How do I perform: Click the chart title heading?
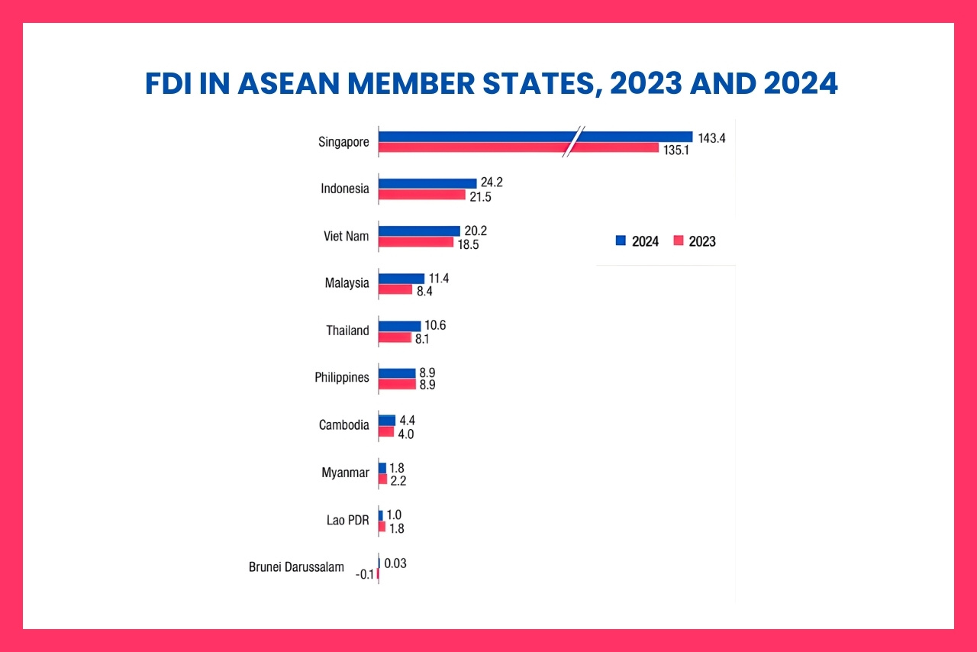491,84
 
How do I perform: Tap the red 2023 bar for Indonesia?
422,195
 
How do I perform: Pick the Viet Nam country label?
346,236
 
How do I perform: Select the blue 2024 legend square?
621,241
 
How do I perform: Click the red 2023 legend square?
678,241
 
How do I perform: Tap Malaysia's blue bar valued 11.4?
401,279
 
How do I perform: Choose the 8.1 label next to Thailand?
422,338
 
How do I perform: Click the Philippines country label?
341,377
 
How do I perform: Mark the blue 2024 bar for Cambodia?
387,420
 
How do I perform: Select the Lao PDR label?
347,521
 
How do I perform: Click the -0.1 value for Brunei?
366,576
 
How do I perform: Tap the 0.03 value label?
395,563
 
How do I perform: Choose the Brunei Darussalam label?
296,567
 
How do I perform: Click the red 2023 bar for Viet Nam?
416,242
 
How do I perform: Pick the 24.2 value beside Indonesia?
492,182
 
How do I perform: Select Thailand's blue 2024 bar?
400,326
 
